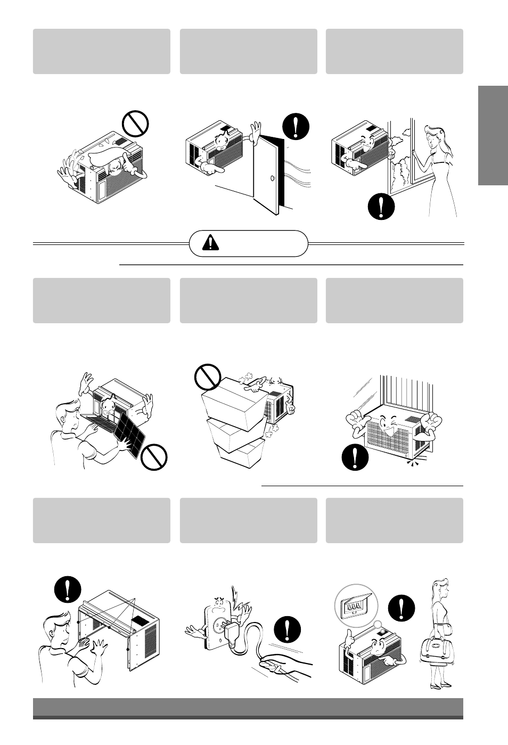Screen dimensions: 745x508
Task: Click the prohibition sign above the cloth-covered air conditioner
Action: [135, 123]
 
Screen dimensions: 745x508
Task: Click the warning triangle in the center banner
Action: [211, 243]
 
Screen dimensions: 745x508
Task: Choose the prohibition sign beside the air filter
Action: [154, 456]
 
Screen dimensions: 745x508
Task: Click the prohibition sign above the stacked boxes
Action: [207, 377]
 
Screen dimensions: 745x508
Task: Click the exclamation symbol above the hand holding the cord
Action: [288, 630]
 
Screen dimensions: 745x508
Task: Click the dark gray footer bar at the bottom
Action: [248, 708]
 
